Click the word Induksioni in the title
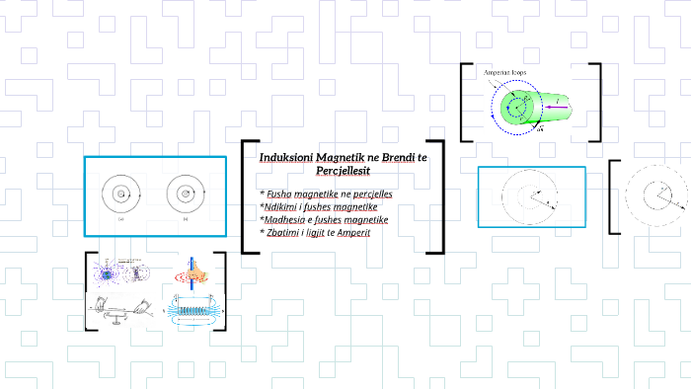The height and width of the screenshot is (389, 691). click(284, 159)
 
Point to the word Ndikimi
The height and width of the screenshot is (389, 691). click(281, 206)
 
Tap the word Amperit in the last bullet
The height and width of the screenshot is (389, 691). click(353, 232)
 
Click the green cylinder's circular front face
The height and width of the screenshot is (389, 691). click(515, 106)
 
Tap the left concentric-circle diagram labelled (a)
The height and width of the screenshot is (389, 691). click(121, 194)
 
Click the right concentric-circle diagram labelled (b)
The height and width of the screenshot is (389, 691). click(184, 194)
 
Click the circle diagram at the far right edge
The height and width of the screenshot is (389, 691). click(656, 197)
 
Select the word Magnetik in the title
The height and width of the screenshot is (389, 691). click(338, 159)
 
